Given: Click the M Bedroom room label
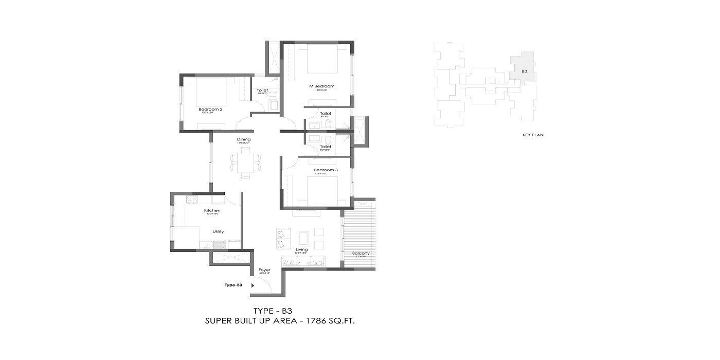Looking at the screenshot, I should [x=321, y=86].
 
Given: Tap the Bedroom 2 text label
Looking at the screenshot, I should [x=210, y=109].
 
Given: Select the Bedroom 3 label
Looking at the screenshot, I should [x=326, y=170].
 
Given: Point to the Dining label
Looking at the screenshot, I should [x=244, y=139].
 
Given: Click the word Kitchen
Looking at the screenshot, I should [x=212, y=210].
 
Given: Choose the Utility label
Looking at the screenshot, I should [x=218, y=231].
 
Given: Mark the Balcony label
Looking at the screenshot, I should [x=361, y=254].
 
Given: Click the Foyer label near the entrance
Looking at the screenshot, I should [x=264, y=269].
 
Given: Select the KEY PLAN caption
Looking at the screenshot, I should [x=533, y=135].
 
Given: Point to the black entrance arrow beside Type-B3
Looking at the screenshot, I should [x=253, y=284].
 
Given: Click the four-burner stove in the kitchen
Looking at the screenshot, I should [x=192, y=199].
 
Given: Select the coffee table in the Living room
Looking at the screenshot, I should [x=304, y=238].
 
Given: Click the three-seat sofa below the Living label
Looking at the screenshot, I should [x=303, y=262].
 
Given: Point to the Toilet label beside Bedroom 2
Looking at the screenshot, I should [x=262, y=91].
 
